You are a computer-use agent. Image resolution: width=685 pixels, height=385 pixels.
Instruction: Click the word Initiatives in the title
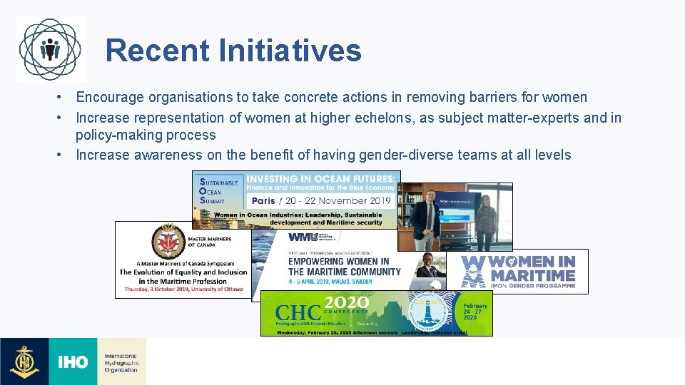click(x=290, y=51)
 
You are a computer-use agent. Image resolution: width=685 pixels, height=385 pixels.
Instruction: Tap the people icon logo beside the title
click(x=50, y=49)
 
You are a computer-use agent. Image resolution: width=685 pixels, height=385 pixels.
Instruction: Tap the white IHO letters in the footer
click(x=73, y=362)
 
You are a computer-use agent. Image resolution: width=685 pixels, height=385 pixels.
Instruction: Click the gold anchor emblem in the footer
click(x=24, y=361)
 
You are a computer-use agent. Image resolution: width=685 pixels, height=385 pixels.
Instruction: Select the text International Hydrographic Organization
click(x=121, y=362)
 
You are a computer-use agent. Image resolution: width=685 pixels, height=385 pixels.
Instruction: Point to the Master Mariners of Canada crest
click(x=168, y=242)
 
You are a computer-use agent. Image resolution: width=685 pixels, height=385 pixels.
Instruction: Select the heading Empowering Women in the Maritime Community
click(x=344, y=267)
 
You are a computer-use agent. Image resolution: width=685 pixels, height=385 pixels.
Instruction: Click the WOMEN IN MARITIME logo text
click(x=531, y=269)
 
